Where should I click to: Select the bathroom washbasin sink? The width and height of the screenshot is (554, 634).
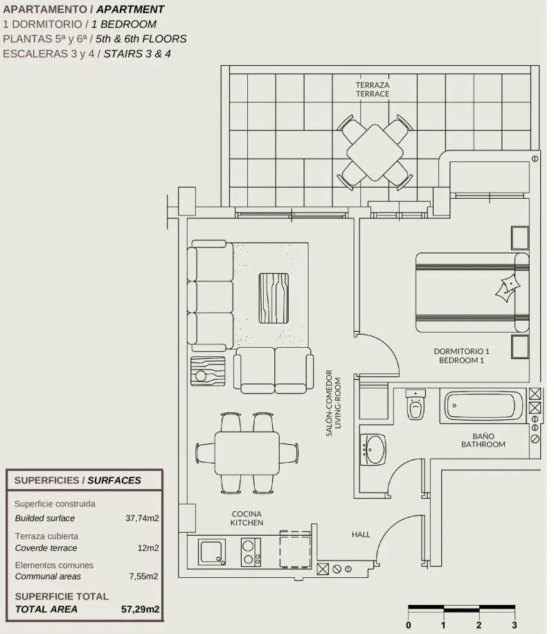coord(373,449)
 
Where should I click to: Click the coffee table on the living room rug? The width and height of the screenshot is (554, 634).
coord(274,298)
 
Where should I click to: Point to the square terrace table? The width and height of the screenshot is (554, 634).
coord(375,152)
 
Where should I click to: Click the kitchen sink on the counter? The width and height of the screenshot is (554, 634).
coord(212,552)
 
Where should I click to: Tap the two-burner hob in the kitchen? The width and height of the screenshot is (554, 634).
coord(251,552)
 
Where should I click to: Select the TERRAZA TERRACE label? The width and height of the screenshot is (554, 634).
coord(373,89)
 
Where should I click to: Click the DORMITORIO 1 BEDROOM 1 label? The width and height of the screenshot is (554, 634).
coord(461,356)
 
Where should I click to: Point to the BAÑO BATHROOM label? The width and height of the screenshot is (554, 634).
coord(483,440)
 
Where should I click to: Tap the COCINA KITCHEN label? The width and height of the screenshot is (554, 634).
coord(247,518)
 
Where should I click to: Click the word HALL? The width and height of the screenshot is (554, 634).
coord(361,534)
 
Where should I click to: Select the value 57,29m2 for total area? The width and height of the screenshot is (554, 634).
coord(140,609)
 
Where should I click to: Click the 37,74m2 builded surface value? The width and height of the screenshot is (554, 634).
coord(142,518)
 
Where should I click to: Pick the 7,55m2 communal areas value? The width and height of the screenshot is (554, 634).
coord(144,576)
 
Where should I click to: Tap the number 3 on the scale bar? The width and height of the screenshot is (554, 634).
coord(515,625)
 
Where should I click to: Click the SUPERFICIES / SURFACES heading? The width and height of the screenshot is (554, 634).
coord(78,480)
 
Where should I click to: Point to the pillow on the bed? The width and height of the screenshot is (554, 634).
coord(508,288)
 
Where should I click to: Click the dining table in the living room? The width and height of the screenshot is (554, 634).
coord(247,453)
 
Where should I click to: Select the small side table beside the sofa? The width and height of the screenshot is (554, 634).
coord(208,371)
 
